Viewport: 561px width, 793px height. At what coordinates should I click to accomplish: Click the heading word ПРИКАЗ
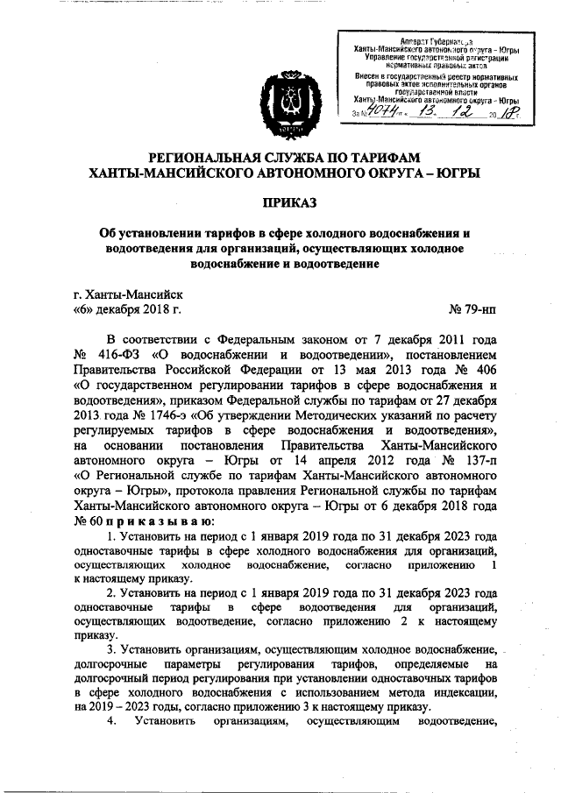click(x=280, y=202)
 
